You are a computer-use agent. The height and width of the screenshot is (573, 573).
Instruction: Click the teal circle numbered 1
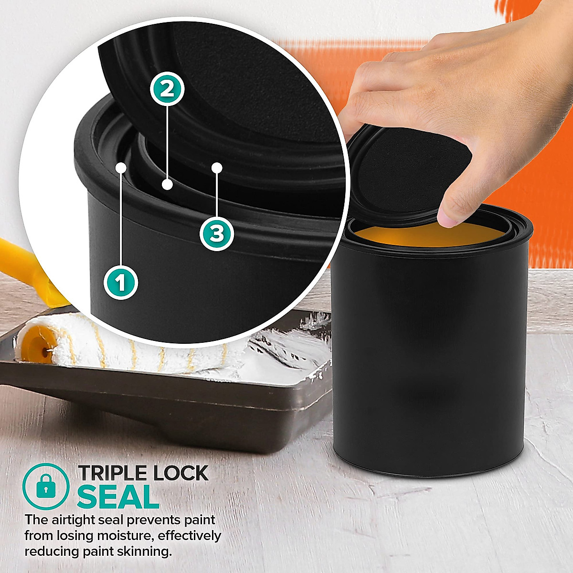(121, 283)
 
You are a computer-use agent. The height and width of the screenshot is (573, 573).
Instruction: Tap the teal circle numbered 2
(167, 89)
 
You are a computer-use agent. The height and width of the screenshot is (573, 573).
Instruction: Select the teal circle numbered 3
(217, 233)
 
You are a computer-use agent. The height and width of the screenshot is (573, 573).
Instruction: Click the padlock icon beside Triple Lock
(46, 487)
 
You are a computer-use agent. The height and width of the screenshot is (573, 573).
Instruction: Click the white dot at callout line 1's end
(121, 168)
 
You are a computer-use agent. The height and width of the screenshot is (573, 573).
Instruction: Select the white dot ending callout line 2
(167, 184)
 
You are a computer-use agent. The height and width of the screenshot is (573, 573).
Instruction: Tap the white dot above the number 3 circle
(217, 168)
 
